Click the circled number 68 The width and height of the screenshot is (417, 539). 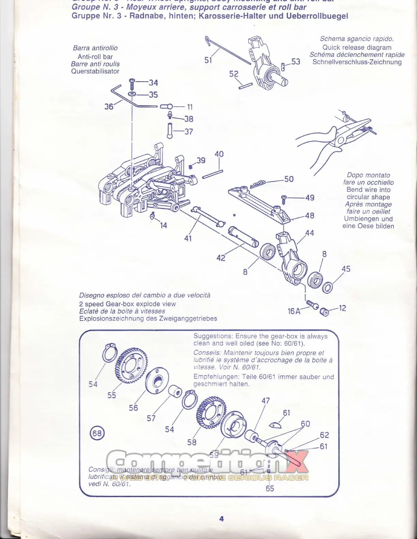[97, 433]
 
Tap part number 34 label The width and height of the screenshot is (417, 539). [153, 83]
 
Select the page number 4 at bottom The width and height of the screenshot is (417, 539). [221, 519]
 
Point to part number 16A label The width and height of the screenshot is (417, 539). [294, 311]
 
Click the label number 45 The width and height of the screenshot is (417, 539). [346, 269]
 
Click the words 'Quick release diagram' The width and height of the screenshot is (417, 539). [357, 47]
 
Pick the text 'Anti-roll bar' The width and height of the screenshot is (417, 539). [95, 57]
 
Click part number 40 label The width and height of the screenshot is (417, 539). [219, 154]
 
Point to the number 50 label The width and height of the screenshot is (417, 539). [289, 179]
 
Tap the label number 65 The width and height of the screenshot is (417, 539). [269, 488]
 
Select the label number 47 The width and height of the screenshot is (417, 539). [265, 401]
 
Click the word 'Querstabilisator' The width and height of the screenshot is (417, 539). [95, 71]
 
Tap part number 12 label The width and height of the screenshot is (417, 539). [342, 308]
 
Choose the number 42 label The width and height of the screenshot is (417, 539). [221, 258]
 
